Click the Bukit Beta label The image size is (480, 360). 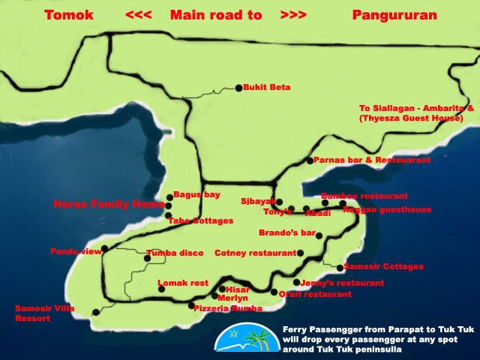pos(267,88)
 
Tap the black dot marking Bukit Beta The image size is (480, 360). pos(239,88)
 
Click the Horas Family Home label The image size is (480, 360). pos(109,204)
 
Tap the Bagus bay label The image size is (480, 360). pos(196,195)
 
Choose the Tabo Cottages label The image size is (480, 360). pos(199,221)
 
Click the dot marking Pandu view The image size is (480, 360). pos(104,248)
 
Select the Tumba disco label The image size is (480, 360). pos(175,253)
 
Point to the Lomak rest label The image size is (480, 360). pos(183,283)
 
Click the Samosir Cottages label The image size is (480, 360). pos(384,266)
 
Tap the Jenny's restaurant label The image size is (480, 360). pos(342,283)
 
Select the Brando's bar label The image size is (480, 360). pos(286,233)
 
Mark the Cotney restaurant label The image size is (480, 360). pos(255,253)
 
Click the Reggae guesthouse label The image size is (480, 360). pos(387,210)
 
